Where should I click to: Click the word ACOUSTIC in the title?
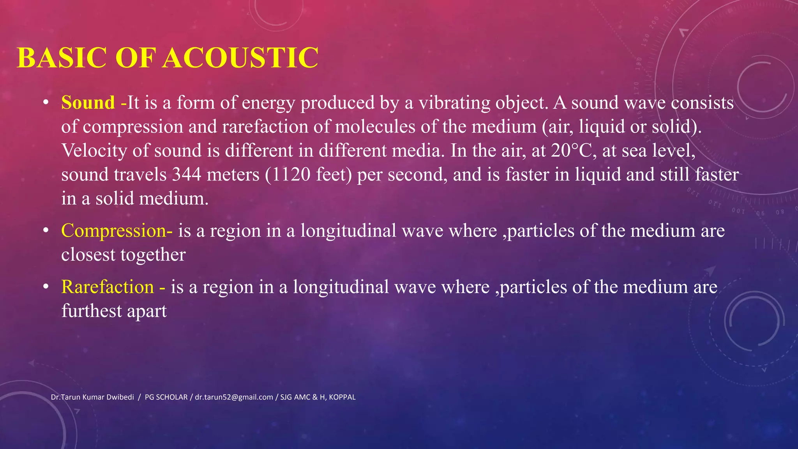[240, 58]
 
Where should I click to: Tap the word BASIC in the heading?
[62, 58]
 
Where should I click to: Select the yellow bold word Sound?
[88, 103]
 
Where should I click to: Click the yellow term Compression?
[114, 231]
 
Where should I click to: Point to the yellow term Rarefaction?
[108, 287]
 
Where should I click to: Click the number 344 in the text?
[187, 175]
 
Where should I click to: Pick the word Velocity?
[94, 151]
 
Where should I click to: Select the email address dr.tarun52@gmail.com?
[234, 397]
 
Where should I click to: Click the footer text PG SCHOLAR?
[166, 397]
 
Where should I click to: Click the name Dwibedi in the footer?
[119, 397]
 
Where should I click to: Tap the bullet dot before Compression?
[46, 231]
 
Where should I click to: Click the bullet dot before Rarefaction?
[46, 287]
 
